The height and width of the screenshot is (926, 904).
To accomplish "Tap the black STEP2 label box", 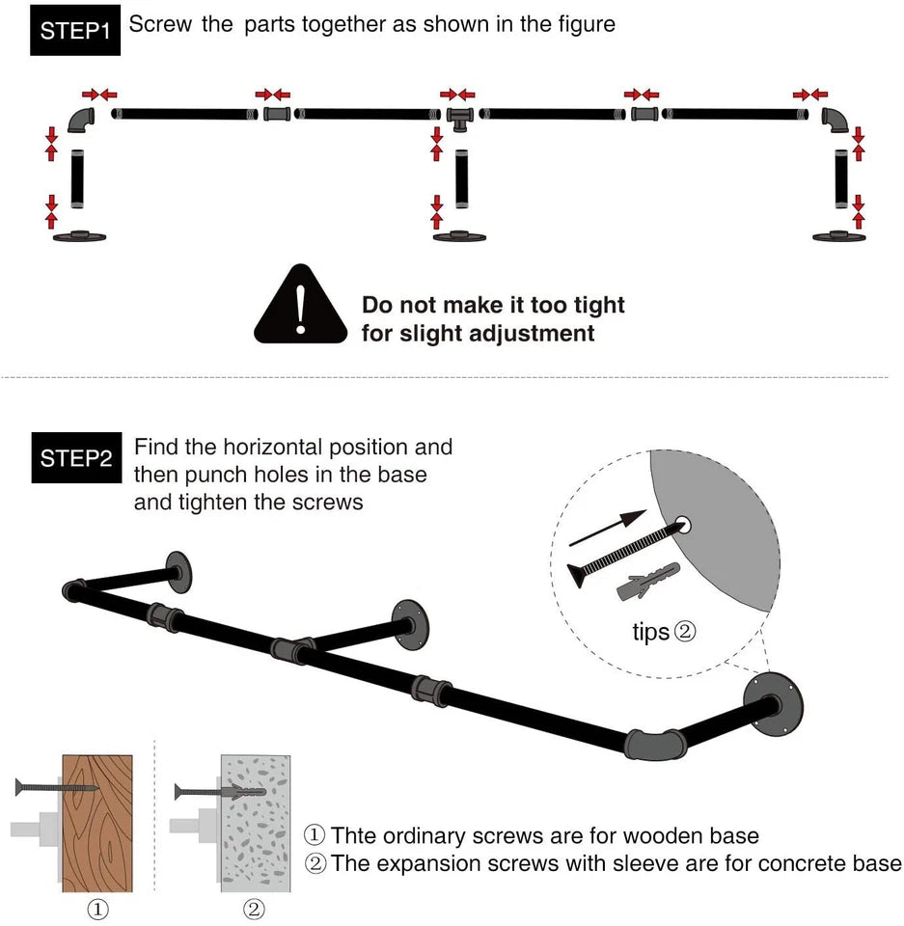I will [x=76, y=457].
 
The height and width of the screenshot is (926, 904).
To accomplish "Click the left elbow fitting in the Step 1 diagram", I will [x=81, y=120].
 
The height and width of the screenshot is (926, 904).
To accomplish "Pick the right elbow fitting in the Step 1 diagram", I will [x=836, y=120].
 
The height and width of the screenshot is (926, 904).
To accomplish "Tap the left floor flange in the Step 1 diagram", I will [x=79, y=235].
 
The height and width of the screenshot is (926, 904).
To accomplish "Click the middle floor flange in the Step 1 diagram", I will [x=459, y=235].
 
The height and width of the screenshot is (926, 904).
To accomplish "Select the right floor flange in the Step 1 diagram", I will [x=839, y=235].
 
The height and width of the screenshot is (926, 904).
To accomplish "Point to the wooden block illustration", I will [x=97, y=823].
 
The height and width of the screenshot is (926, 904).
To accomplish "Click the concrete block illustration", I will [x=255, y=823].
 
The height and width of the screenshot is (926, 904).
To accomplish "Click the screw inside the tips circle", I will [x=626, y=551].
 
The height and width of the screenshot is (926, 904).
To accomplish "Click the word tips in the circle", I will [x=650, y=633].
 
